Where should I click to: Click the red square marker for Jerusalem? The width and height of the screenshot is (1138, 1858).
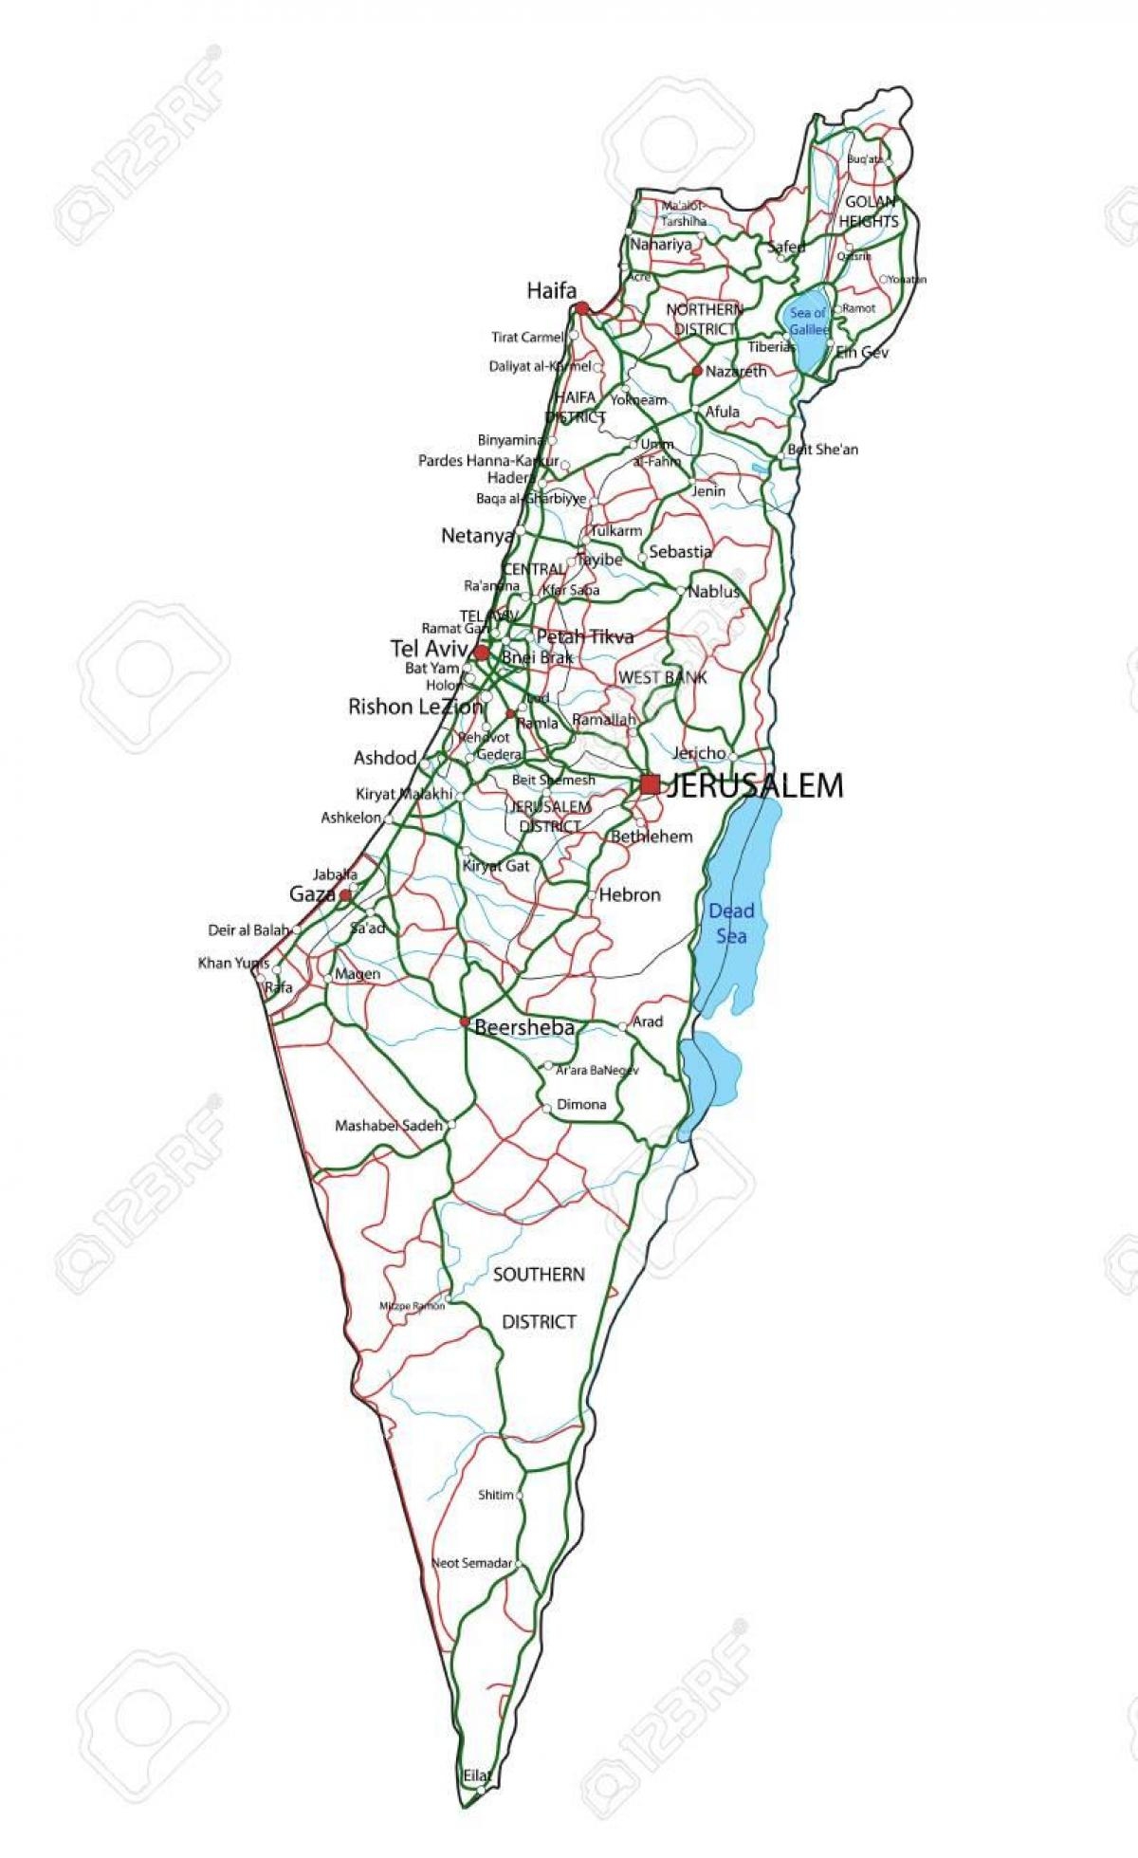pos(650,784)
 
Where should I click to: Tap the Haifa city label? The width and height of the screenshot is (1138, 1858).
pos(551,291)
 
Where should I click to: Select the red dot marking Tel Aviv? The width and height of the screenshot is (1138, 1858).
pos(482,653)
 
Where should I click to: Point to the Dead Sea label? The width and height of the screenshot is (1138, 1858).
pos(731,923)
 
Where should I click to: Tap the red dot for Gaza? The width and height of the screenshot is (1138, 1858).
pos(346,894)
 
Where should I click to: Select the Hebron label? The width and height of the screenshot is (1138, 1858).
pos(630,894)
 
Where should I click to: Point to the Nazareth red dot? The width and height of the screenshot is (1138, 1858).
pos(697,371)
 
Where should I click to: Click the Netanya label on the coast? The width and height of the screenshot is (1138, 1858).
pos(478,536)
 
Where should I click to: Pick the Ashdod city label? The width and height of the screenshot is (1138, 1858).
pos(385,758)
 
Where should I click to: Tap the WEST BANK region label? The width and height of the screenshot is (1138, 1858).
pos(662,677)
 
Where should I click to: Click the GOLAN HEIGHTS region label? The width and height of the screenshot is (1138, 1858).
pos(869,212)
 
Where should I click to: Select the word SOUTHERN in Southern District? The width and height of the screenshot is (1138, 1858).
pos(539,1274)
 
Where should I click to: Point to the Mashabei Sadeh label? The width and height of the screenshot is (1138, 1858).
pos(389,1126)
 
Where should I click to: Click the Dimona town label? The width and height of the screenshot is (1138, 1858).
pos(581,1104)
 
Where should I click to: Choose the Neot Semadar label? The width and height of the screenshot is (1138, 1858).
pos(471,1563)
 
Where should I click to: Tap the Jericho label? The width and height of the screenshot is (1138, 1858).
pos(699,753)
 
